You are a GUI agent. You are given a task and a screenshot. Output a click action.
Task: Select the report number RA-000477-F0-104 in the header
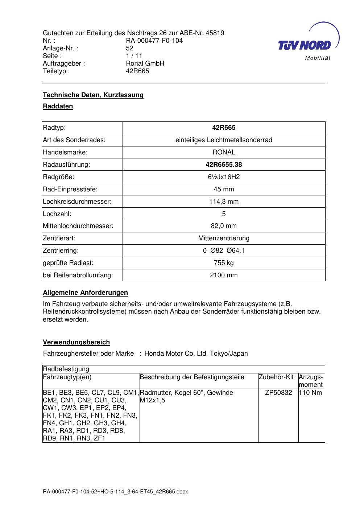(154, 41)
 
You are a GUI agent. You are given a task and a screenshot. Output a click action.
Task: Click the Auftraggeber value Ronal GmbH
(145, 63)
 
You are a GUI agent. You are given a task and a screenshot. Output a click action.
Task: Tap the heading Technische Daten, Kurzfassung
(93, 95)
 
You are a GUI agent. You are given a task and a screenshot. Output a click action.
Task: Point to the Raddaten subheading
(58, 106)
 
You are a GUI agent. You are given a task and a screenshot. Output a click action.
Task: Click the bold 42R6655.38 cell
(224, 165)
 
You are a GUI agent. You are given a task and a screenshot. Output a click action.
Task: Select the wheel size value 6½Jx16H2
(224, 177)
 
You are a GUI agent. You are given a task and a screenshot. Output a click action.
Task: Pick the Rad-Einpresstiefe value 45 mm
(224, 189)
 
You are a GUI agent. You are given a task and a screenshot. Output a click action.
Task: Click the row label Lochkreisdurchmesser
(77, 202)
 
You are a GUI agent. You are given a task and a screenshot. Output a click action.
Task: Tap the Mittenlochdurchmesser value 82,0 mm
(224, 226)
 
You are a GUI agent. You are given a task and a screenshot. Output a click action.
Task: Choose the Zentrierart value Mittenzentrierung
(224, 238)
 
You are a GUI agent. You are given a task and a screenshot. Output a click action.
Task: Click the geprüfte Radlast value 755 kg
(224, 263)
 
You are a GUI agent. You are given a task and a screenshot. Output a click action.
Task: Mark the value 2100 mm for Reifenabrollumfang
(224, 275)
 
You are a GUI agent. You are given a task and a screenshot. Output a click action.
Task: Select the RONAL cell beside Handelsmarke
(224, 152)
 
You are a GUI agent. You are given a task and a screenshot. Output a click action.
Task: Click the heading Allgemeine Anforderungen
(85, 293)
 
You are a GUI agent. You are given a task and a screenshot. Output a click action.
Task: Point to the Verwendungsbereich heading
(76, 342)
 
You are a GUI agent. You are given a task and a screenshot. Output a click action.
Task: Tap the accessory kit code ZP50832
(278, 393)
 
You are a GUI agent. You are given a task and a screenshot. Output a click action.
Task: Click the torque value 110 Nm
(310, 393)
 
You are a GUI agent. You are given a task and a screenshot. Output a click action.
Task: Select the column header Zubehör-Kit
(276, 377)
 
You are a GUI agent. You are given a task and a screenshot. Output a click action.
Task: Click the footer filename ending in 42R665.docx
(115, 492)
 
